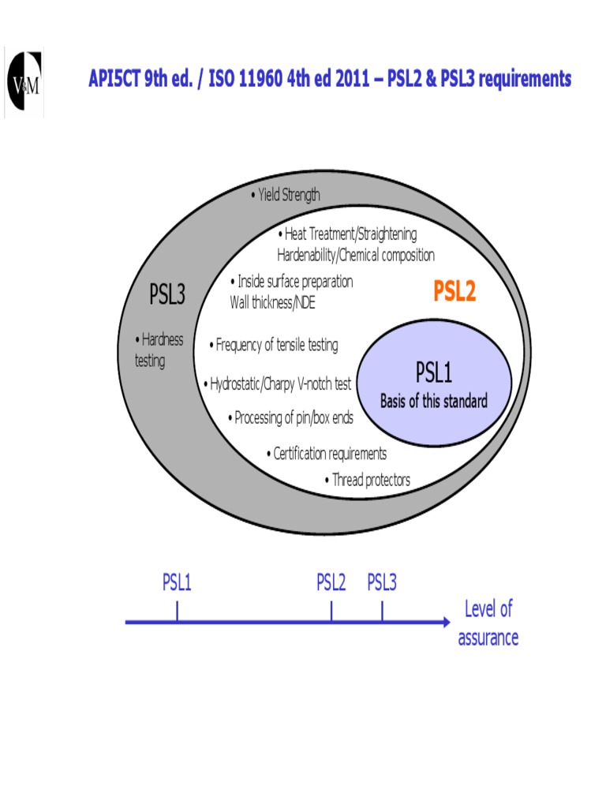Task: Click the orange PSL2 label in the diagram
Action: [x=454, y=293]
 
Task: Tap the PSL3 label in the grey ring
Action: [x=166, y=296]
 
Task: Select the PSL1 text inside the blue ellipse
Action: [x=434, y=372]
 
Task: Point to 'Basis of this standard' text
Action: [x=434, y=401]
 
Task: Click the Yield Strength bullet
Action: [x=285, y=195]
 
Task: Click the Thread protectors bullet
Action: [x=367, y=480]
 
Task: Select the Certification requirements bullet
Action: [x=327, y=454]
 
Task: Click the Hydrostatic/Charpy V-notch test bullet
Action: [x=278, y=384]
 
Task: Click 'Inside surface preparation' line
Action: [x=291, y=282]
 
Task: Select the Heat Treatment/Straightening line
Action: [x=347, y=234]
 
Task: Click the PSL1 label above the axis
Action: [x=177, y=583]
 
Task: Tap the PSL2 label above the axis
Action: [x=331, y=583]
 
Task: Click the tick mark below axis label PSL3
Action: [x=383, y=611]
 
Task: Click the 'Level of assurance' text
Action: [x=488, y=623]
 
